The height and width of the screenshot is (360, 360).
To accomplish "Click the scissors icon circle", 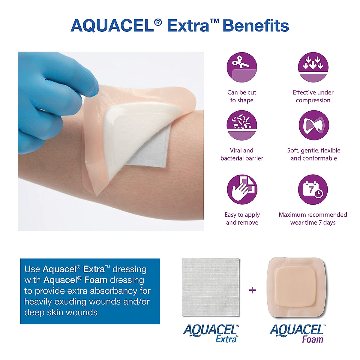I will pos(242,67).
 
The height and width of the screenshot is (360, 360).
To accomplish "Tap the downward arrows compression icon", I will pos(313,67).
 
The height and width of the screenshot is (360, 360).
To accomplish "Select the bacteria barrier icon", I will pos(242,125).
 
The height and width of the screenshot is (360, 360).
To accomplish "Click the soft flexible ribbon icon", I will pos(313,125).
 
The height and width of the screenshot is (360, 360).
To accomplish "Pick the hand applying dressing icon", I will pos(242,190).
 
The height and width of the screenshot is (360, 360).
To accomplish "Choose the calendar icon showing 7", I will pos(313,190).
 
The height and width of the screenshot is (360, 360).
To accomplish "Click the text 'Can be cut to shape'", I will pos(242,96).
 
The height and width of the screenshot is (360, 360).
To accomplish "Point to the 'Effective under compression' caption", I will pos(313,96).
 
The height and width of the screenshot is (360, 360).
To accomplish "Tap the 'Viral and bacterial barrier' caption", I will pos(242,154).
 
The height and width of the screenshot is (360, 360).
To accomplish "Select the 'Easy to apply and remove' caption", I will pos(242,218).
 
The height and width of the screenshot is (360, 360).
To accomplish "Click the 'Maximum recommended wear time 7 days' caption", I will pos(313,218).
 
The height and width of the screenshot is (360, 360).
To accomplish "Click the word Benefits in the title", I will pos(256,26).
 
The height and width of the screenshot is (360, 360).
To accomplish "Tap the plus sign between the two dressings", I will pos(253,290).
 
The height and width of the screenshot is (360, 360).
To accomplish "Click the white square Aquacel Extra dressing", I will pos(211,287).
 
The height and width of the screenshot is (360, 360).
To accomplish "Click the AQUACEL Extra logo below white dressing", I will pos(211,333).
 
